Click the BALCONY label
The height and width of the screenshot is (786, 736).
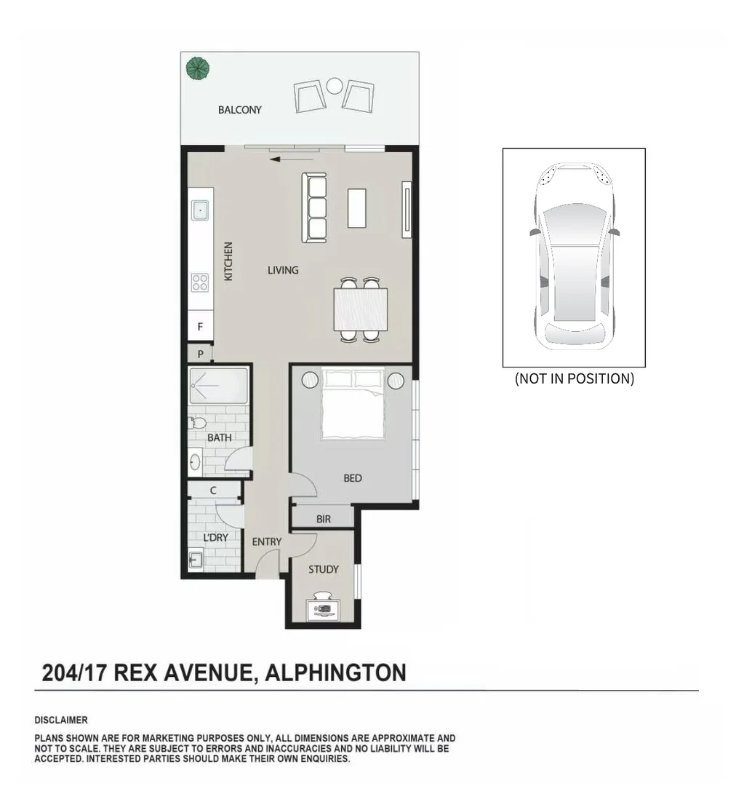(x=239, y=110)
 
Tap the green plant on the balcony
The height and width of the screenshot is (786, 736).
(x=197, y=68)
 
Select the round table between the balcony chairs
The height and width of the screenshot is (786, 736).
(x=334, y=86)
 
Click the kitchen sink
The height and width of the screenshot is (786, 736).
(x=201, y=210)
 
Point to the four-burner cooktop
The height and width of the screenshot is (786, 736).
(x=200, y=282)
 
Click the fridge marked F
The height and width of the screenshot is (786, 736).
(x=201, y=326)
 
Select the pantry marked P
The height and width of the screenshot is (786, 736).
(x=201, y=354)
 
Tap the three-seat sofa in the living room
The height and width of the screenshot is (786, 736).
(x=314, y=208)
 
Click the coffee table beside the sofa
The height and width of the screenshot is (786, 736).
(x=356, y=208)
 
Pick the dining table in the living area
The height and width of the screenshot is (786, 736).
(x=361, y=309)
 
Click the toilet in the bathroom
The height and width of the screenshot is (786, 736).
(x=197, y=423)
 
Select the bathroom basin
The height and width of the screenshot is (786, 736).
(x=195, y=461)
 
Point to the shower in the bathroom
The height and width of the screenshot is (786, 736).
(x=218, y=386)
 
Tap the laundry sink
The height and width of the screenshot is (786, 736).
(x=196, y=560)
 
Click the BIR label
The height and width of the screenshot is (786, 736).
(x=324, y=520)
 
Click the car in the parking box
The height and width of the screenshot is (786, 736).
(x=574, y=257)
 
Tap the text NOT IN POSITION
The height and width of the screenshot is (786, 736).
(x=574, y=378)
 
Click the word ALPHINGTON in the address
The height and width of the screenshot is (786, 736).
(x=335, y=672)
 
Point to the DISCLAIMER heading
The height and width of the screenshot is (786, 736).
(x=61, y=720)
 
